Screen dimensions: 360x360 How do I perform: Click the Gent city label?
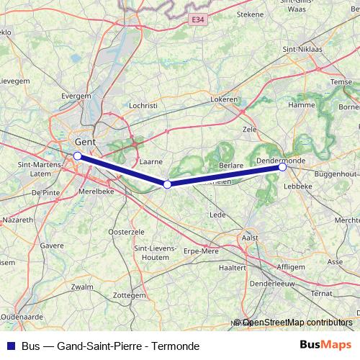pyautogui.click(x=85, y=143)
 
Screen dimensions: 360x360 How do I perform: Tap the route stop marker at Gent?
pyautogui.click(x=77, y=155)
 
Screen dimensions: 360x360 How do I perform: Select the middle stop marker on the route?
pyautogui.click(x=167, y=184)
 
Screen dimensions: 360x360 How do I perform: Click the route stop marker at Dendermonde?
pyautogui.click(x=283, y=167)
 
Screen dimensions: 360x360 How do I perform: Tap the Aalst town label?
pyautogui.click(x=250, y=237)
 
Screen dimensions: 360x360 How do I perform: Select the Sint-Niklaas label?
pyautogui.click(x=303, y=49)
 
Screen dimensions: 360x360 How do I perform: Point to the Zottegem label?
pyautogui.click(x=130, y=295)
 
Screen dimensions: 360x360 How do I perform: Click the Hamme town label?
pyautogui.click(x=301, y=105)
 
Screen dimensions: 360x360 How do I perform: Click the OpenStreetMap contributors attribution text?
pyautogui.click(x=297, y=323)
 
